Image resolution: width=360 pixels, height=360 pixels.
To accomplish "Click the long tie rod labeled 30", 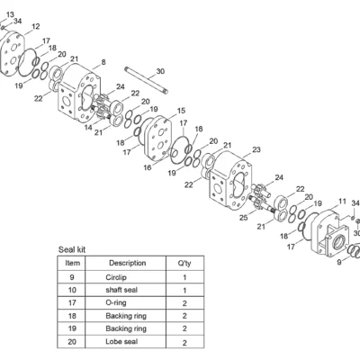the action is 146,80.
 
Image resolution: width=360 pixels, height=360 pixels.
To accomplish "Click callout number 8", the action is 103,62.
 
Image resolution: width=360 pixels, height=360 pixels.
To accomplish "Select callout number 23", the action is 256,149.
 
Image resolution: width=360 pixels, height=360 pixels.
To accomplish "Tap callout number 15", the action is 181,111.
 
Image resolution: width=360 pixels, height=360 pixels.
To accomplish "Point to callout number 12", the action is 35,26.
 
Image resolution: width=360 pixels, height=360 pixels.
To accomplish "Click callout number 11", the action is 342,202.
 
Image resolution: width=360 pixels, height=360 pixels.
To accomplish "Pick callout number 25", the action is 244,217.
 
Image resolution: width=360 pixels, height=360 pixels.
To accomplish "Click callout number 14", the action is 88,128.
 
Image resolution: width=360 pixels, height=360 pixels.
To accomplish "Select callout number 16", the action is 148,167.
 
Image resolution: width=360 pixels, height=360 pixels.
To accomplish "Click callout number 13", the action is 10,14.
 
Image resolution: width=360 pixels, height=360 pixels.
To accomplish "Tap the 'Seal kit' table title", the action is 72,249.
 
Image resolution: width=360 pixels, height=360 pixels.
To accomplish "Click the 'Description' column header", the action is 128,263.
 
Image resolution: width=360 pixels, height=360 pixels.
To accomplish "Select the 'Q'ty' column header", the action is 184,264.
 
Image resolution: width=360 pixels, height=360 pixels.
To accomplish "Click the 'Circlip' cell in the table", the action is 116,277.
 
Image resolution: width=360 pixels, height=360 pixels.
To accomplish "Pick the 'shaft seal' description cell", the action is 121,290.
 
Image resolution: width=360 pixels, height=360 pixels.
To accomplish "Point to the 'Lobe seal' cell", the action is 121,341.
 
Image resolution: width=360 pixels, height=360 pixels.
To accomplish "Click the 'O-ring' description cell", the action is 116,302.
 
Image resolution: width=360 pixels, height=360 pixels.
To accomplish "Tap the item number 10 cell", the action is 72,290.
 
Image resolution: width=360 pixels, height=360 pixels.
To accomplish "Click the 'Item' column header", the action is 73,263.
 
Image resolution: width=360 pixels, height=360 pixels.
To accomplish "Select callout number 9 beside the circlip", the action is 339,262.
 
